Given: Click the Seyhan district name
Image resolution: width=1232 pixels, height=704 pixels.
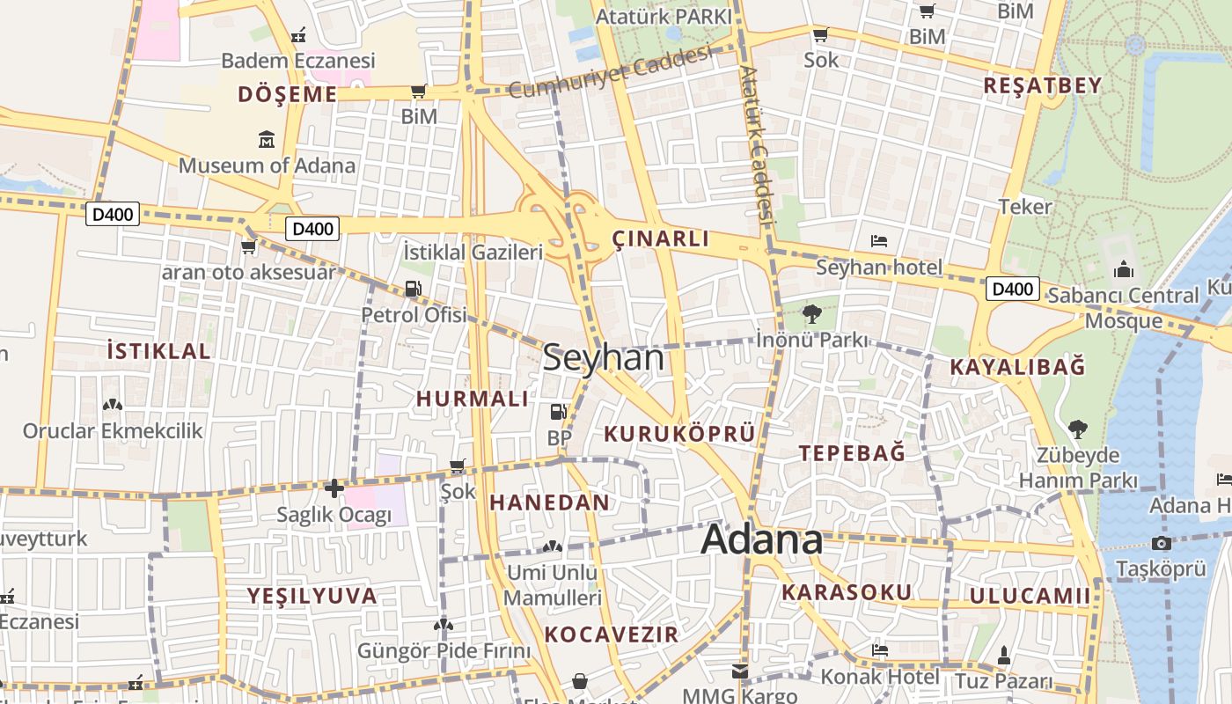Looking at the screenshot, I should pos(604,358).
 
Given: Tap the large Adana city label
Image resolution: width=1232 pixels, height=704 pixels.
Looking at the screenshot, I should pos(762,539).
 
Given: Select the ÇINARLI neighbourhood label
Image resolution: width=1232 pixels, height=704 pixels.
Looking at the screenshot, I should pos(661,238).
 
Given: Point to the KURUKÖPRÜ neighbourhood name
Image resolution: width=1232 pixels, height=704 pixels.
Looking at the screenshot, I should pos(679,433).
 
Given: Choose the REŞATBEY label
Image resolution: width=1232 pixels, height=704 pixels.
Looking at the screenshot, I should pos(1043,85).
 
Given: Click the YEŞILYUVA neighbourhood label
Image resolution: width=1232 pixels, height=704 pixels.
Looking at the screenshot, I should pos(312,596).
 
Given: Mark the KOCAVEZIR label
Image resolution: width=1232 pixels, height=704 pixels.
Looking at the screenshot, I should pos(612,634).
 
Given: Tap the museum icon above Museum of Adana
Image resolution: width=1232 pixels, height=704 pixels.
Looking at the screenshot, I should pos(267,139).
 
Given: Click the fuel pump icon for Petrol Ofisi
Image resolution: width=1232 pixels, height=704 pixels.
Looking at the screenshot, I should pos(413,289).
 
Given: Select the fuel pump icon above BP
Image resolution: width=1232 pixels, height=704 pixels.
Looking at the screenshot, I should pos(558,411).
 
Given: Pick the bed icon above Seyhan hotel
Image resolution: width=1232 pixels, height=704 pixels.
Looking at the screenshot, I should pos(878,240).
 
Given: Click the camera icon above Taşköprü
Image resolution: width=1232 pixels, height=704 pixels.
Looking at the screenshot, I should pos(1161,543).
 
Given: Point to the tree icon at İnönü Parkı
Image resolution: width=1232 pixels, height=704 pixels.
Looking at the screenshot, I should pos(811,313).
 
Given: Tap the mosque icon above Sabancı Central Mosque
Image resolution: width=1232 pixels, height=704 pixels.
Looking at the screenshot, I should pos(1124,269).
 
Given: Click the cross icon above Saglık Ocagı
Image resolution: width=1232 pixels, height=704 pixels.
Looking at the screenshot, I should pos(334,488).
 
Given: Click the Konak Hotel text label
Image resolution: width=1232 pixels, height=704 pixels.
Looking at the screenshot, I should pos(880,677).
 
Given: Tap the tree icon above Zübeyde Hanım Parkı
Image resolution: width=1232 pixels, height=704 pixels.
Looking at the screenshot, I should pos(1077,429).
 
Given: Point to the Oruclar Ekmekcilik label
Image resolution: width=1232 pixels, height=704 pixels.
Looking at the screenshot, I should pos(113,431).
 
